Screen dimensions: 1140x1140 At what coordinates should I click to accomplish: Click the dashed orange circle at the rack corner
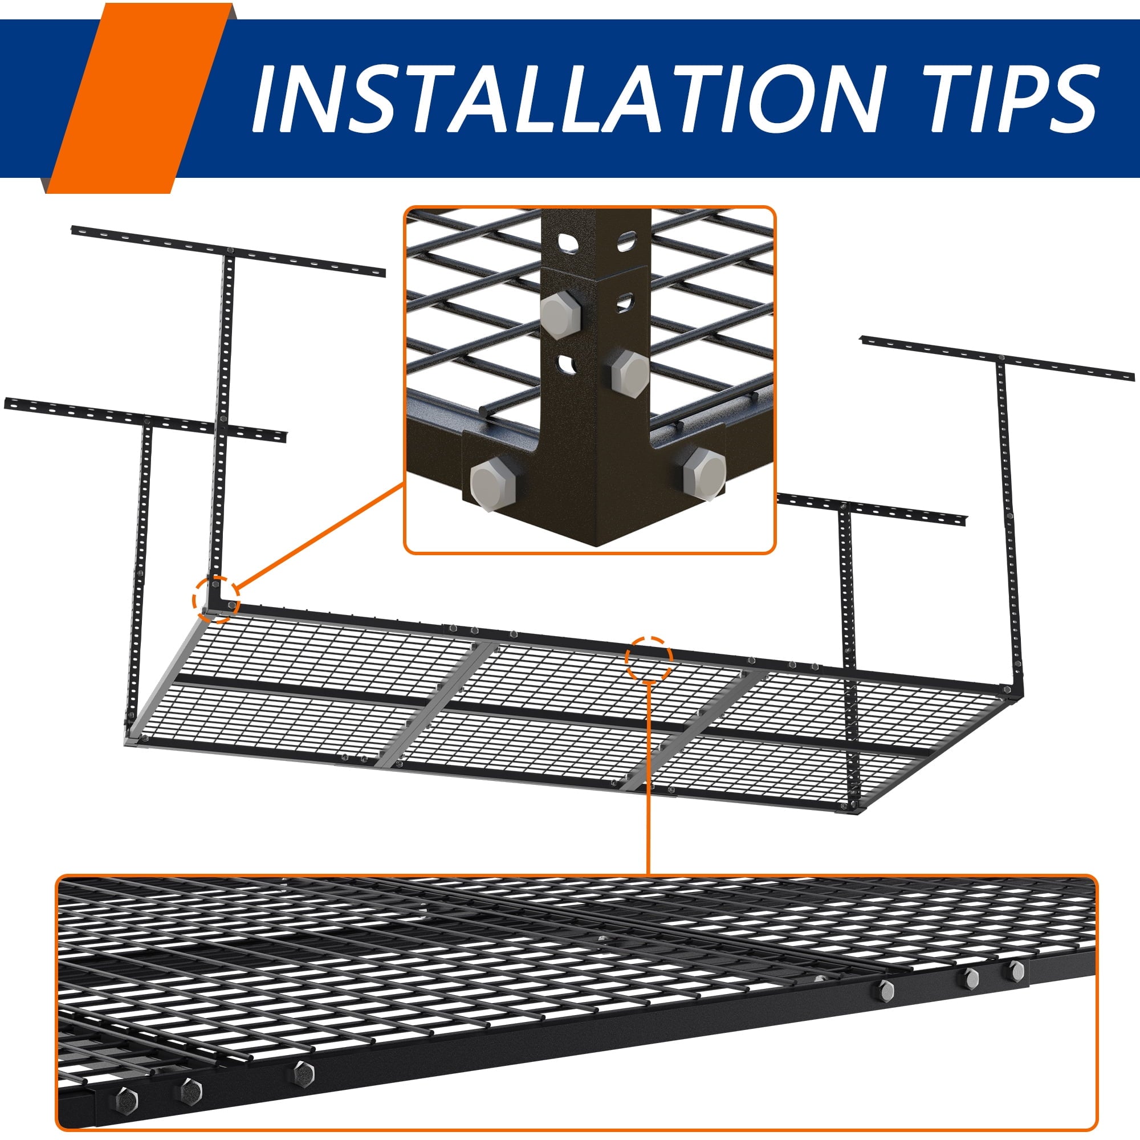(217, 599)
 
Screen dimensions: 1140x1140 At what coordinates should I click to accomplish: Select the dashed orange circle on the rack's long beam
(649, 658)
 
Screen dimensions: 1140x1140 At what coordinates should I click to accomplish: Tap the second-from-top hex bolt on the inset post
(630, 372)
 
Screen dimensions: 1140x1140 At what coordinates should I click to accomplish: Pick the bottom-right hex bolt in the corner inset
(703, 473)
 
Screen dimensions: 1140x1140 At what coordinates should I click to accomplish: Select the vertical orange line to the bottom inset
(649, 778)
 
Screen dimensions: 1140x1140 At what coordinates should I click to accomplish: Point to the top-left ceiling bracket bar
(229, 250)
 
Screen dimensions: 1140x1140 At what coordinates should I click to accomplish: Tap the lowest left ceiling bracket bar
(145, 420)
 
